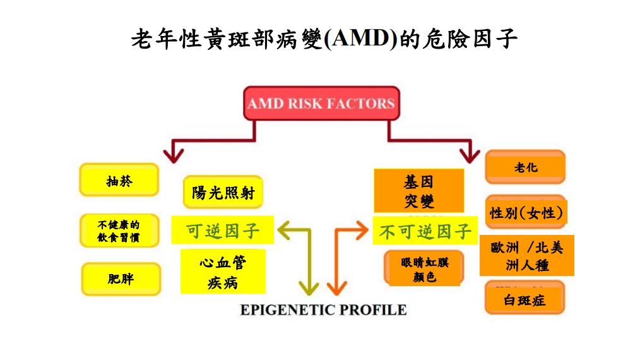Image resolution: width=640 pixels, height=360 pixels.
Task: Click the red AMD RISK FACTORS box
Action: point(321,104)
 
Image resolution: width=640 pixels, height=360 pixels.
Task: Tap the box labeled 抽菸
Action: point(119,180)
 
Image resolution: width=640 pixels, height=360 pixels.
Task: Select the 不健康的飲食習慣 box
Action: point(119,231)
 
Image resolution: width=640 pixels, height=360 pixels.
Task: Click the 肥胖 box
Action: point(121,279)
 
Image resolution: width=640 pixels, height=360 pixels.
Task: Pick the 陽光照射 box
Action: point(223,192)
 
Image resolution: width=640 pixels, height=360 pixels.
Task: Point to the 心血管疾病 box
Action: point(223,272)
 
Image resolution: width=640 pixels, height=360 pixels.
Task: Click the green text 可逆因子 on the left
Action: point(223,231)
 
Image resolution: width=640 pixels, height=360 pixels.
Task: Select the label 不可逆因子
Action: point(425,231)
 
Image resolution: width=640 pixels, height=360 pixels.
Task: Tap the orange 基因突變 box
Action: point(418,191)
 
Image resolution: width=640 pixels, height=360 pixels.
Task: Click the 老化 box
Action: point(525,167)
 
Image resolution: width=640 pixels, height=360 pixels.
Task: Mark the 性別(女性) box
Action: point(526,212)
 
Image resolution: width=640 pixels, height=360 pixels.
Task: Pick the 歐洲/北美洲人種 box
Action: point(527,255)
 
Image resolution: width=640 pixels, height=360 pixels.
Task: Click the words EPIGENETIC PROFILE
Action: point(323,310)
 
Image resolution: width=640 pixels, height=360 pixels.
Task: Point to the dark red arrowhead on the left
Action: point(173,155)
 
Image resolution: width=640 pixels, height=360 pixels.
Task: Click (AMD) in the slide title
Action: point(360,39)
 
